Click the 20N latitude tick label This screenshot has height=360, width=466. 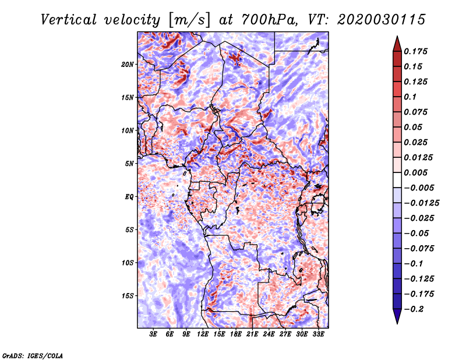click(128, 65)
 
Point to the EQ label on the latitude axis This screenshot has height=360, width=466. click(129, 197)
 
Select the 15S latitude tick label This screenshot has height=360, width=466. click(128, 296)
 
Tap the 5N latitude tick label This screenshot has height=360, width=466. click(129, 164)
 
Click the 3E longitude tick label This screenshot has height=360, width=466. click(153, 334)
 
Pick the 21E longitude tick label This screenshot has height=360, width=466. click(252, 334)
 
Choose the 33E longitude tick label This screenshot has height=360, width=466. click(318, 334)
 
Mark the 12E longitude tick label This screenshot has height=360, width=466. click(203, 334)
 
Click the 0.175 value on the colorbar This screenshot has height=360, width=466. click(415, 51)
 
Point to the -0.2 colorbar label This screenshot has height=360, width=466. click(414, 309)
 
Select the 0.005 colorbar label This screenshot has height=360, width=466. click(415, 172)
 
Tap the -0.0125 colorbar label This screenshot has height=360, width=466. click(421, 203)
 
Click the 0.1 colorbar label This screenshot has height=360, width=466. click(410, 97)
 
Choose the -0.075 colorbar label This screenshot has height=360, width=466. click(419, 249)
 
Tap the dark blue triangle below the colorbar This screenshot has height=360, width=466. click(397, 315)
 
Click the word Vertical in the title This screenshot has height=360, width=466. click(69, 20)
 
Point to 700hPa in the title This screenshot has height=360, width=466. click(269, 20)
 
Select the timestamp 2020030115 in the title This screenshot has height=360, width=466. click(382, 20)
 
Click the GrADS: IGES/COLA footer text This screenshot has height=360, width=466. click(33, 355)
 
